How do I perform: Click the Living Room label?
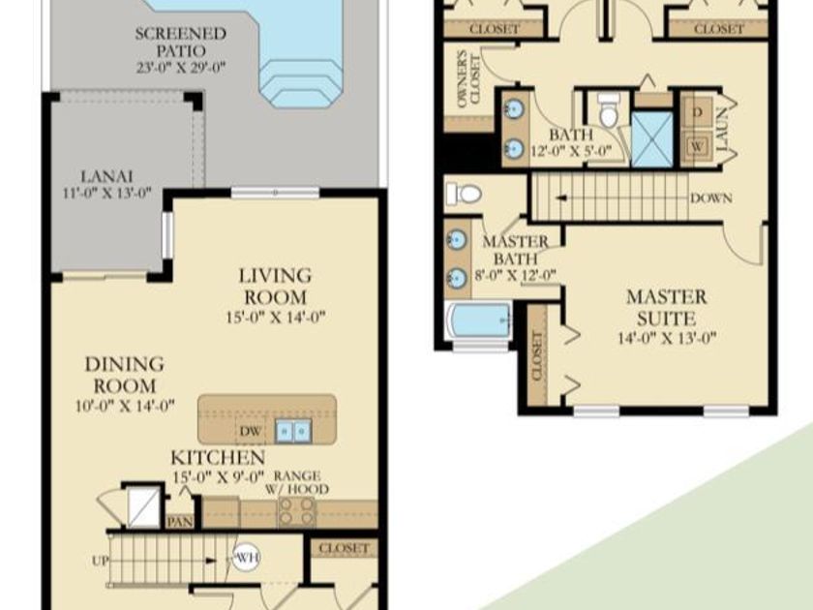pos(275,286)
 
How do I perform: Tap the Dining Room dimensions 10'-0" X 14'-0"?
pos(125,406)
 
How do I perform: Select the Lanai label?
pos(106,176)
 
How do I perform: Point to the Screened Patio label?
pos(181,42)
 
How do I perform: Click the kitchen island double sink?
pos(293,431)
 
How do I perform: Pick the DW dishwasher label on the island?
pos(250,431)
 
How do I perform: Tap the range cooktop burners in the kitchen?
pos(297,511)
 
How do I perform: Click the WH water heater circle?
pos(246,558)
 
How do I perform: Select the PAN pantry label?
pos(180,521)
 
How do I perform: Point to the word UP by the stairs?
pos(100,561)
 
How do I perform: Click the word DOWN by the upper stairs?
pos(711,198)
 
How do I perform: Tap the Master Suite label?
pos(666,308)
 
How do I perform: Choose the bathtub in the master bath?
pos(479,321)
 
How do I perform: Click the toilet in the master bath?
pos(464,194)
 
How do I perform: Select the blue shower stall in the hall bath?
pos(652,139)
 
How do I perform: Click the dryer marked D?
pos(698,112)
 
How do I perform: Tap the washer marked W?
pos(698,147)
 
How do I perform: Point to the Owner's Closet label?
pos(468,78)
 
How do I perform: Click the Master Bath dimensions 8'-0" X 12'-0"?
pos(515,275)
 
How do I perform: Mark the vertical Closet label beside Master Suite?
pos(537,356)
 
